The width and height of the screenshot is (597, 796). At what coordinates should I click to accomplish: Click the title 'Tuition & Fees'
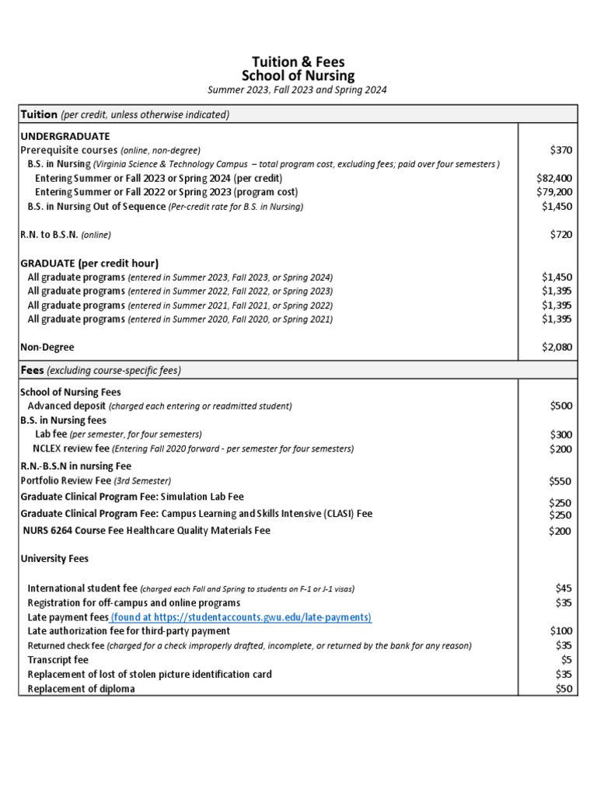(x=298, y=61)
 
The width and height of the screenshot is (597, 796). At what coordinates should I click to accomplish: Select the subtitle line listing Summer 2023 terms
(x=298, y=90)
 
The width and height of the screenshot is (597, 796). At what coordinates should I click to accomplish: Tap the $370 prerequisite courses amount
(x=560, y=149)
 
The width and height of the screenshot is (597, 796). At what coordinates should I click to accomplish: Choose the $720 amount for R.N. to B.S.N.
(x=560, y=234)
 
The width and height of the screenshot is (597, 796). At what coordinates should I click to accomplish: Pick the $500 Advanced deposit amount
(x=560, y=406)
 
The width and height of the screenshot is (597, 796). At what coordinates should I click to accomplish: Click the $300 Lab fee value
(x=560, y=435)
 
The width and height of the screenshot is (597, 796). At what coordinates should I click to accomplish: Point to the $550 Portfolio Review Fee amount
(x=560, y=481)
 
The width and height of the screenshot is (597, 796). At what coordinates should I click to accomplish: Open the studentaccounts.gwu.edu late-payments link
(x=241, y=616)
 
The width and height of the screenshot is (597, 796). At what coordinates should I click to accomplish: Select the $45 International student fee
(x=564, y=588)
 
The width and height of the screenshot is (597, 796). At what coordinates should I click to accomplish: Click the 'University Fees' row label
(x=54, y=558)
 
